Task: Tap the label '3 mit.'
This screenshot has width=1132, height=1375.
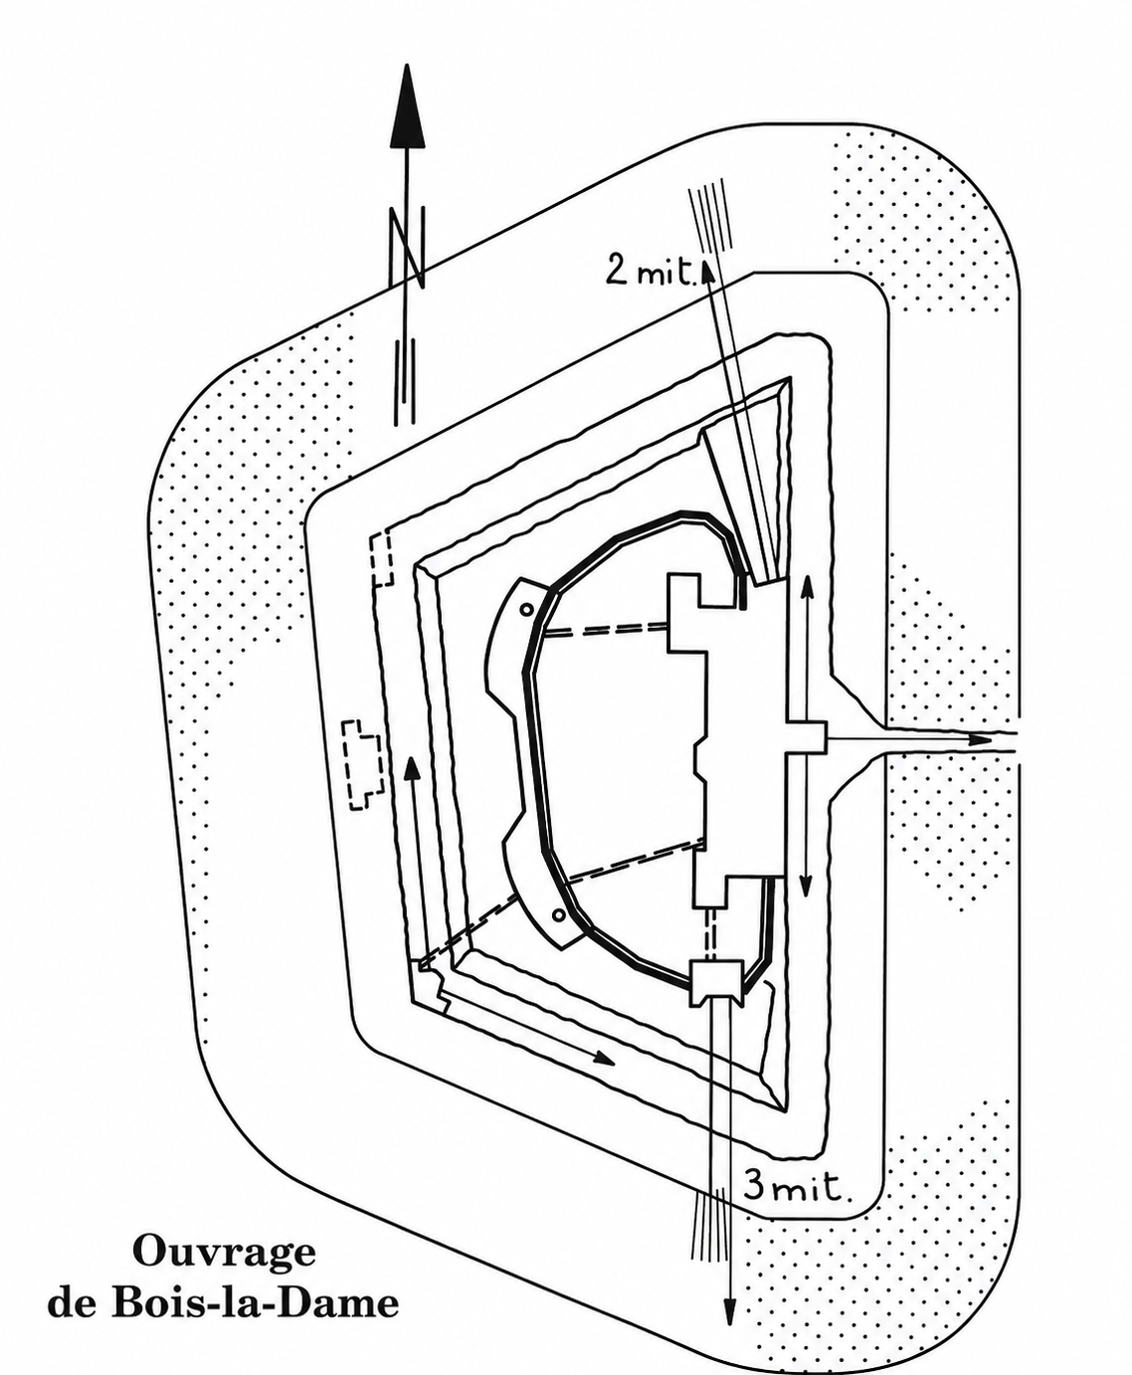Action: [794, 1185]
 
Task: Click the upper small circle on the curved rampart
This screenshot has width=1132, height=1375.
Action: [526, 610]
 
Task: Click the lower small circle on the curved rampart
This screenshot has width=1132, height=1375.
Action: [558, 914]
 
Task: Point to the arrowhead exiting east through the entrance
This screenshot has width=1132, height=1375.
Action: [981, 740]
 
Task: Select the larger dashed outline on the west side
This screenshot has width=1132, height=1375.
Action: [362, 765]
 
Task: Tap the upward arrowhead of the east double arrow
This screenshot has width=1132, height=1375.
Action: [806, 587]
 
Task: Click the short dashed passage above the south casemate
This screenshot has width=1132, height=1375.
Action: [710, 934]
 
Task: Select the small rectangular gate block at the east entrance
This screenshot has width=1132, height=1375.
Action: [806, 737]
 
